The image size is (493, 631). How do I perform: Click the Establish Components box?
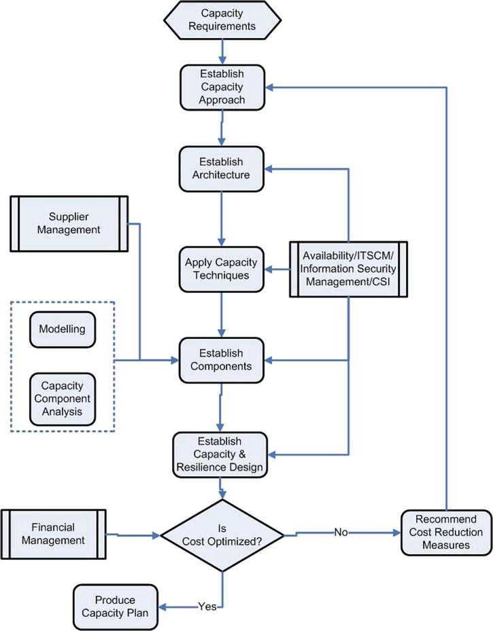click(220, 359)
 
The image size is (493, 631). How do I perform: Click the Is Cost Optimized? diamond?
click(222, 535)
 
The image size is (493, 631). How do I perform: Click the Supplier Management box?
click(69, 222)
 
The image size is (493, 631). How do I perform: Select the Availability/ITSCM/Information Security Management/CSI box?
click(348, 268)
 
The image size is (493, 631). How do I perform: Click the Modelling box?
click(62, 329)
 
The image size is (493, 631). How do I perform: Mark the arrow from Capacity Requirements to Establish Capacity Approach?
click(222, 50)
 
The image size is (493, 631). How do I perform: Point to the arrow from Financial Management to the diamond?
click(136, 535)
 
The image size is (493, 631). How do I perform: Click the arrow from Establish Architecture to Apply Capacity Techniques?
click(222, 217)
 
